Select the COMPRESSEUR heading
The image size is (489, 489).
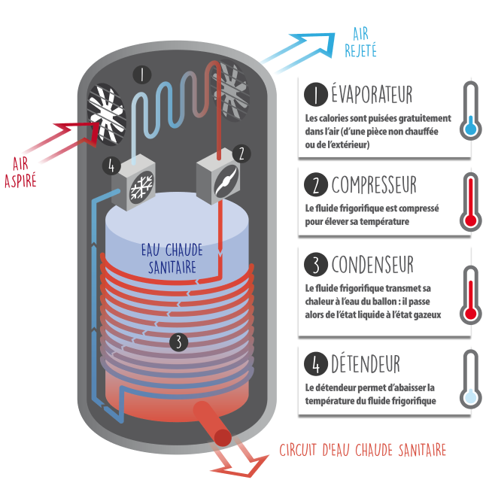point(374,184)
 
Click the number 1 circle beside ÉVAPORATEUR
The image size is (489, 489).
point(315,96)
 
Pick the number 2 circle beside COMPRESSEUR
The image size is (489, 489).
point(315,184)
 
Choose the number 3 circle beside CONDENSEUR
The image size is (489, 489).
point(315,265)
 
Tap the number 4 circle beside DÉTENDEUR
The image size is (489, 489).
point(315,365)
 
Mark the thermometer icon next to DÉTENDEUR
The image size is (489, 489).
point(470,378)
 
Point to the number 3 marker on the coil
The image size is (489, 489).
point(178,342)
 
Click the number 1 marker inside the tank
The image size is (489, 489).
point(142,74)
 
